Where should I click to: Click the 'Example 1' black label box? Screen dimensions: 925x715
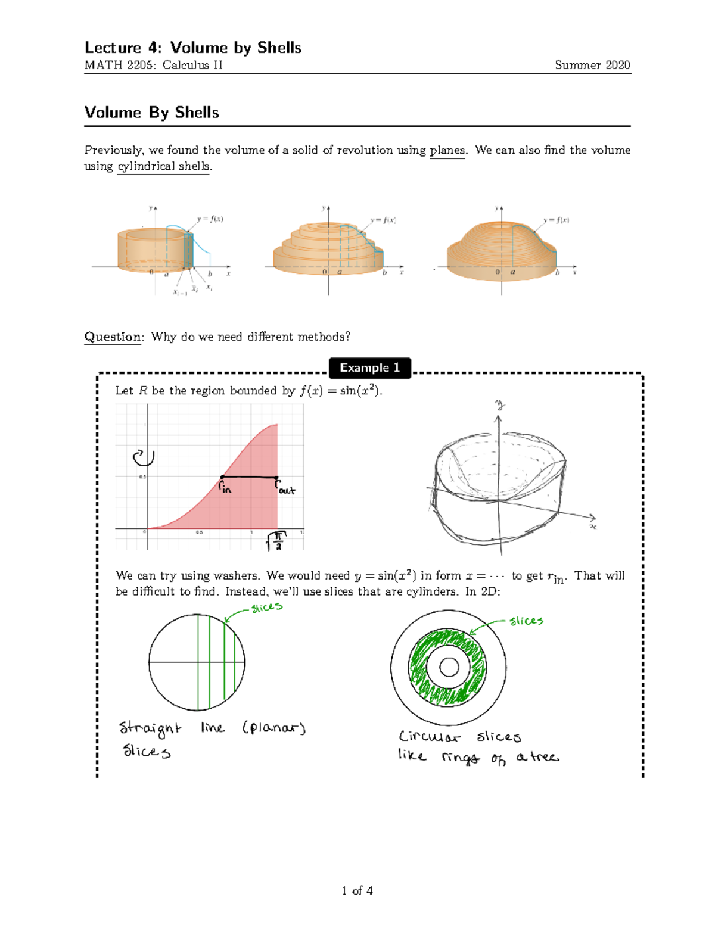coord(369,368)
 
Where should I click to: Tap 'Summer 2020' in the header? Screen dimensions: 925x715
coord(592,65)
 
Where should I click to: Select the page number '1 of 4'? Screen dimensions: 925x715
coord(357,890)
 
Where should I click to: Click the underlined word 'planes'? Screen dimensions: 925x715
coord(447,150)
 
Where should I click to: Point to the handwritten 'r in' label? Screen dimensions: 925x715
coord(225,488)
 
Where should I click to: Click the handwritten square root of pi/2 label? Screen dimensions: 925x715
coord(276,541)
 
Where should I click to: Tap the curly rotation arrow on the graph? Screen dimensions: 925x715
coord(144,457)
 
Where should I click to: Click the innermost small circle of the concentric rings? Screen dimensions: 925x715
coord(448,667)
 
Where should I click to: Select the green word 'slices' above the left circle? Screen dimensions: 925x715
coord(266,608)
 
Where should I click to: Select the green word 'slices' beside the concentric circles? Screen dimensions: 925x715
coord(526,621)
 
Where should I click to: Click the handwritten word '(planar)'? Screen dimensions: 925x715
coord(274,728)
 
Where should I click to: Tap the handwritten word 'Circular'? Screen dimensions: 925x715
coord(429,737)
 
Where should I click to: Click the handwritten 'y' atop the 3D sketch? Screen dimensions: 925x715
coord(499,406)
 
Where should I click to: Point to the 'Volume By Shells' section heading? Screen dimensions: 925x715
coord(151,113)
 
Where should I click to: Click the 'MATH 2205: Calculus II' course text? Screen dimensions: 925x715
coord(153,65)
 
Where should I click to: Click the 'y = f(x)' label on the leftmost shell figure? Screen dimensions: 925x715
coord(210,219)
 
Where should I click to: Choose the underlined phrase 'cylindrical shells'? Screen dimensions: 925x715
coord(163,166)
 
